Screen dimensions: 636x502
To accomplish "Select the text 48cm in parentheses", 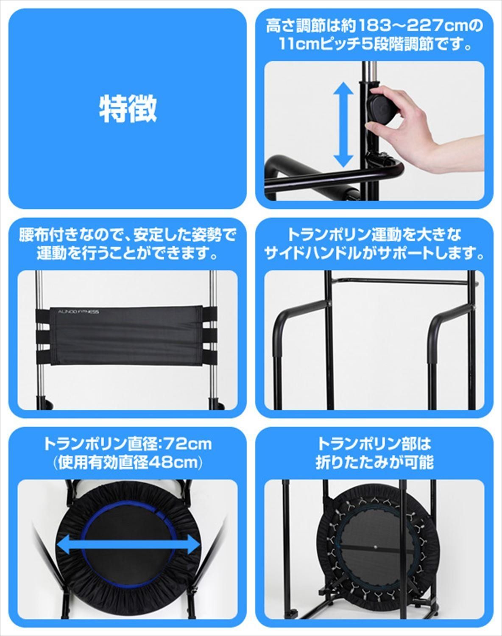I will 173,463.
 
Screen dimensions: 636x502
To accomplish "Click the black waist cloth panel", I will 127,335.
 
